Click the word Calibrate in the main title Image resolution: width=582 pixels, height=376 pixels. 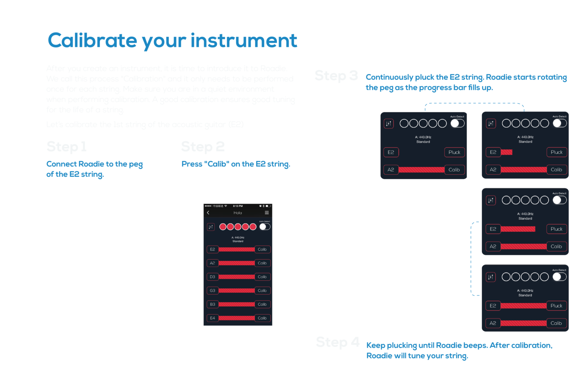tap(92, 41)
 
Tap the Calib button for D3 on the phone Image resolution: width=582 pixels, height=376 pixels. tap(262, 277)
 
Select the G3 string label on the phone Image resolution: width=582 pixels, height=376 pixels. tap(212, 291)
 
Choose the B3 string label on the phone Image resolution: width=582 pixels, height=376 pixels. tap(212, 305)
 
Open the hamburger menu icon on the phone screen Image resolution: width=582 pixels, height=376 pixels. tap(267, 213)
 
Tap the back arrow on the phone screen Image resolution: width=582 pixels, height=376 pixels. tap(208, 213)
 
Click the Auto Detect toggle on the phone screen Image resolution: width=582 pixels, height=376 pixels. tap(264, 227)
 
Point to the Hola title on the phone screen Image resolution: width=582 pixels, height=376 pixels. tap(238, 213)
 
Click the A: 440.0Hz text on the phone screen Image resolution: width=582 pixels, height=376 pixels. tap(238, 237)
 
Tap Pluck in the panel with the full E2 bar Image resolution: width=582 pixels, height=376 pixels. tap(556, 306)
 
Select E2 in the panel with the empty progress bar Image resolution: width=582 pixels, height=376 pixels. tap(391, 152)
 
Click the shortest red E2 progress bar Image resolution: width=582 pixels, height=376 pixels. tap(506, 152)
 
